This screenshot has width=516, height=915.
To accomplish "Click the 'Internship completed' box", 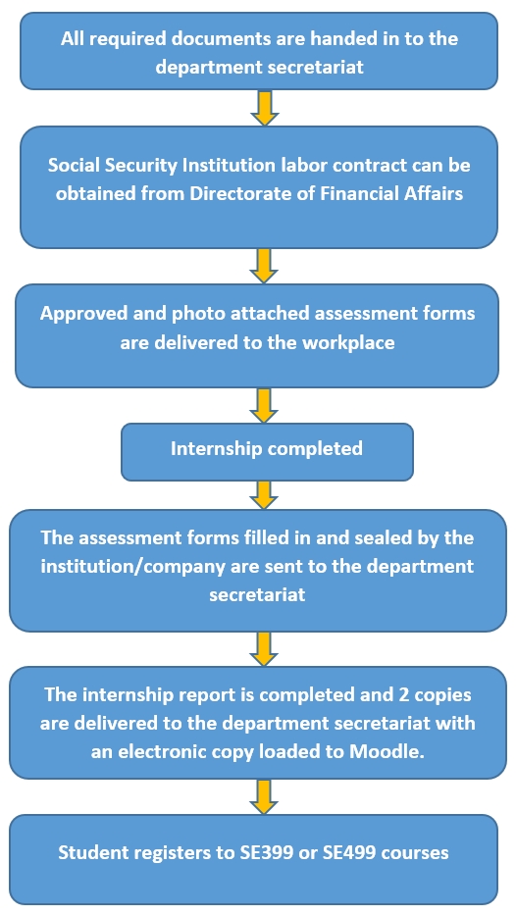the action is point(267,452).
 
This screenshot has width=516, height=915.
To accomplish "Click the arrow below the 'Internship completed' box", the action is point(264,495).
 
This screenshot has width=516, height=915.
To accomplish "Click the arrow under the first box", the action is point(264,108).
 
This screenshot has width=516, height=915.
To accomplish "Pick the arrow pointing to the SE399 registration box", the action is point(264,796).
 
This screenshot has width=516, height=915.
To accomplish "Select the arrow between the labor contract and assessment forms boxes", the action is point(264,266).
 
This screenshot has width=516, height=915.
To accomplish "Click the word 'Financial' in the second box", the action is point(351,193).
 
